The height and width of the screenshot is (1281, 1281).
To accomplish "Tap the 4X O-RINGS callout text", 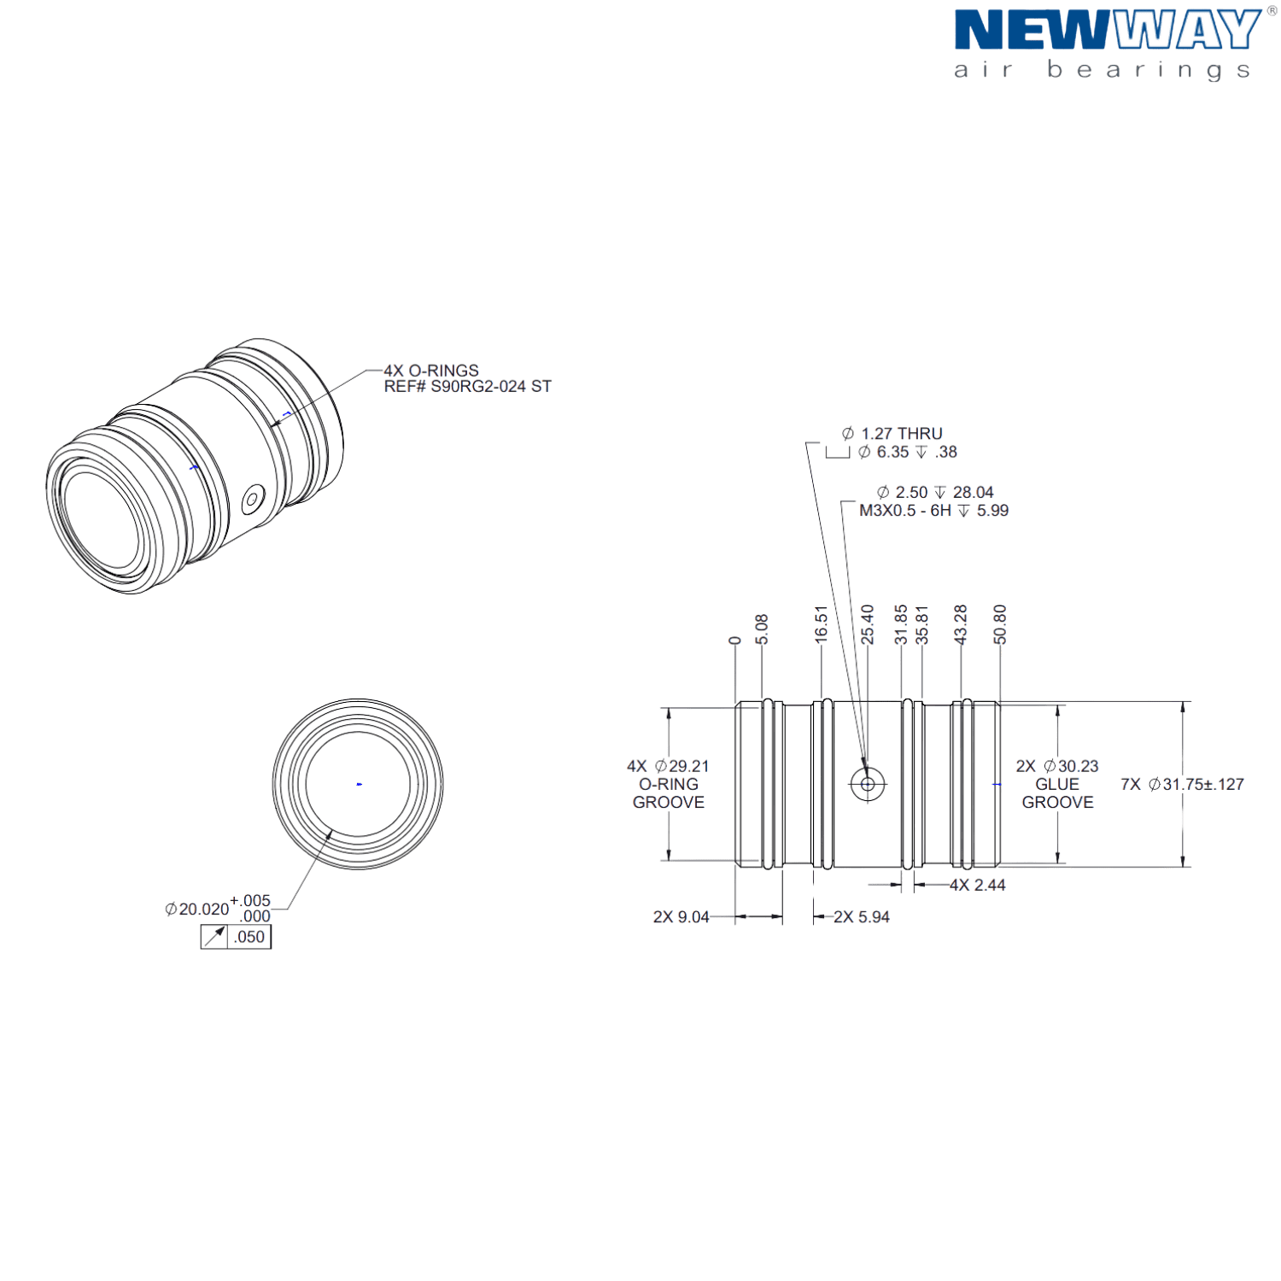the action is [x=431, y=371].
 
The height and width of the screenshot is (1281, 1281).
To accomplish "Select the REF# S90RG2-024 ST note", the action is [x=468, y=387].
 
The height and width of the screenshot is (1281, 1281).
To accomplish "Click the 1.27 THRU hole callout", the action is [x=892, y=434].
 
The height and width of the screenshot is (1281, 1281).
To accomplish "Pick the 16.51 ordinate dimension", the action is [x=822, y=624].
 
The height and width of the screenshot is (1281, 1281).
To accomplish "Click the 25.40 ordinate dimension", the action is [x=868, y=624].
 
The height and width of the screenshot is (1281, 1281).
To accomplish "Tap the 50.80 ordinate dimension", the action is [x=1000, y=624].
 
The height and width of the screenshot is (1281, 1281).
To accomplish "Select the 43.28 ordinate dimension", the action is [x=961, y=624].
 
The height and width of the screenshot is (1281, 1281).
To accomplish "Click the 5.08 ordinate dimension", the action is [x=762, y=629].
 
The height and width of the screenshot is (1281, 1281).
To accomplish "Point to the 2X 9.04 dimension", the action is [x=681, y=917].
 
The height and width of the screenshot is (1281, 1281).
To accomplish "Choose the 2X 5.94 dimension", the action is [x=862, y=917].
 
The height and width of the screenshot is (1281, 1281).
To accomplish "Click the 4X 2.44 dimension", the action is [x=978, y=886].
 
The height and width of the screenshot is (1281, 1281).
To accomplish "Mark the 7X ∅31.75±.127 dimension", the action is [x=1183, y=784].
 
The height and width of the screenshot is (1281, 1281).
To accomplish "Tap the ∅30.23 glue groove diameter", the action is [x=1071, y=767].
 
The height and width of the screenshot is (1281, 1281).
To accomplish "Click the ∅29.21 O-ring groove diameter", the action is [x=681, y=767].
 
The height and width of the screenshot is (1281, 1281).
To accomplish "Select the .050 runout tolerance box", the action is [x=237, y=937].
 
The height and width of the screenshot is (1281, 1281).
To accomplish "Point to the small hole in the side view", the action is [x=868, y=784].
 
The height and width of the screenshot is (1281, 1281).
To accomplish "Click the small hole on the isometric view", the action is [x=253, y=499].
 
